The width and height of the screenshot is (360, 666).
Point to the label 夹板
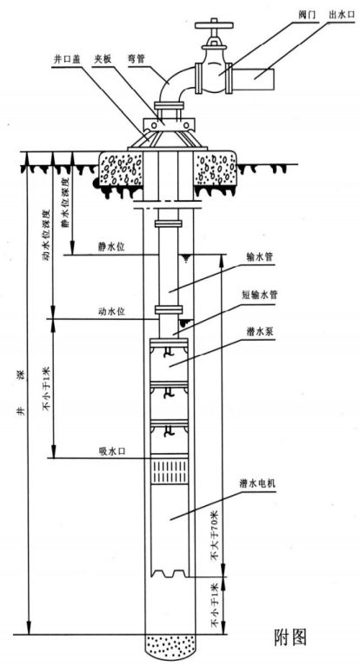click(103, 59)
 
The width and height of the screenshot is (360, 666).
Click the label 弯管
click(136, 59)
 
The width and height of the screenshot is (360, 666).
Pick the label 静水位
click(110, 247)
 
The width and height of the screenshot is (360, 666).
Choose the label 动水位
click(110, 311)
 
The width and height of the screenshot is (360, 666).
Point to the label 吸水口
click(110, 450)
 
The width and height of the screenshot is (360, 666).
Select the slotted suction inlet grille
click(170, 472)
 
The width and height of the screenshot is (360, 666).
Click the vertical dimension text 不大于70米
click(216, 536)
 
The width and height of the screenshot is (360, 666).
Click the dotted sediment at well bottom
click(170, 648)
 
